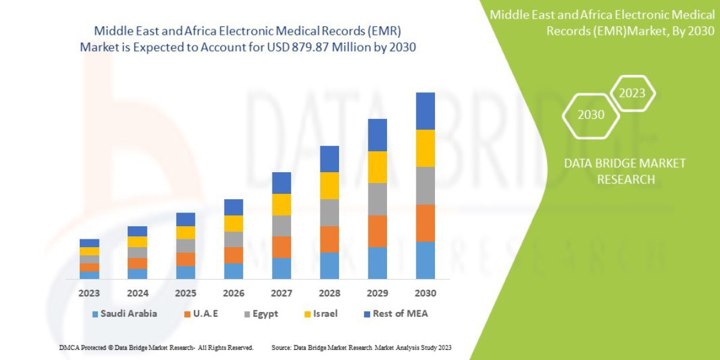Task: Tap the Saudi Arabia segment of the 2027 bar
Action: point(281,268)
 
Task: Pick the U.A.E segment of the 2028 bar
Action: point(329,239)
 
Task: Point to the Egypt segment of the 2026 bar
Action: point(233,239)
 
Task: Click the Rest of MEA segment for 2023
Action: point(89,243)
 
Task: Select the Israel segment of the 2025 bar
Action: point(185,232)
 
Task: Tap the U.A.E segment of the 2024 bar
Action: point(137,263)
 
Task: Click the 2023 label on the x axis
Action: point(89,293)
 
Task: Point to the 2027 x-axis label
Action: point(281,293)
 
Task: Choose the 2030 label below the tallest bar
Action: point(425,293)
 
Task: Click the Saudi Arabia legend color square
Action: point(95,314)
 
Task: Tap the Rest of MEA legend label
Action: point(400,314)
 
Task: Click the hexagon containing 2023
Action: point(632,93)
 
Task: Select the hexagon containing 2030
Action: point(591,115)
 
